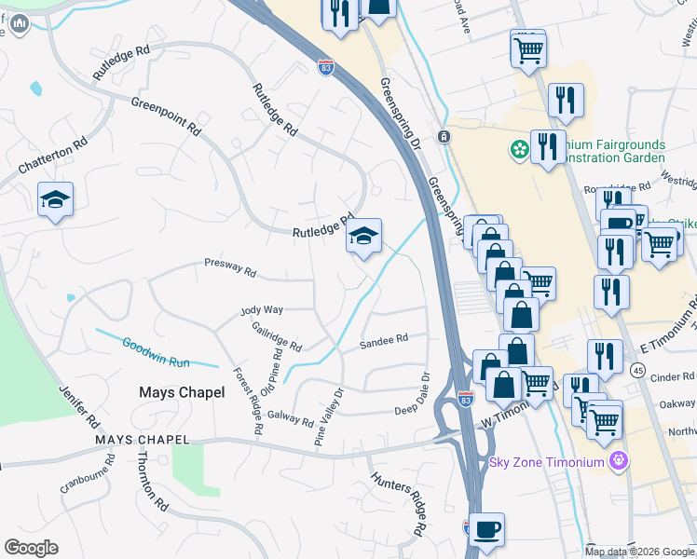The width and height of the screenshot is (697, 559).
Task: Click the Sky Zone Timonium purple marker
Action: point(618,461)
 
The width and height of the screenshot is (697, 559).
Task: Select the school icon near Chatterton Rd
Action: point(56,199)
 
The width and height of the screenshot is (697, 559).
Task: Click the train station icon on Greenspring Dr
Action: point(444,137)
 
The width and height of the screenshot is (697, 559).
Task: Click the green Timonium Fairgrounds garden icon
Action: point(517,149)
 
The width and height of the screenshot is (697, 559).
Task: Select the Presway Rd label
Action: point(230,268)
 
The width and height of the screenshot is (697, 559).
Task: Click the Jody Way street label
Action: point(261,309)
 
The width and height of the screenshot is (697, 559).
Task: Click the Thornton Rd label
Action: point(153,480)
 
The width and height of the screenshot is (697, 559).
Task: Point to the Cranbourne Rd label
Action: point(87,474)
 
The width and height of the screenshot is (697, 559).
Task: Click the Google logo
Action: point(32,548)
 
